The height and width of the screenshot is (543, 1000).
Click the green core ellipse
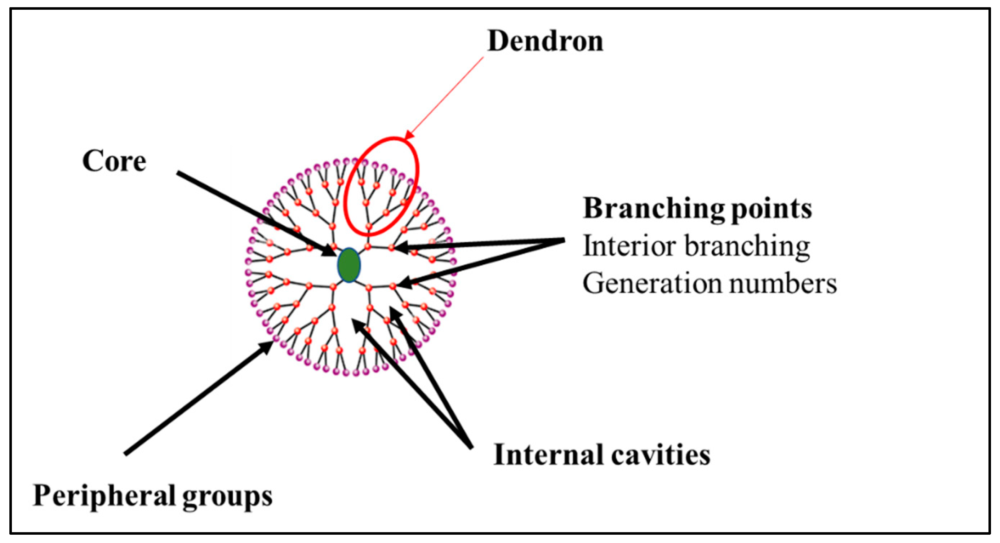(x=349, y=265)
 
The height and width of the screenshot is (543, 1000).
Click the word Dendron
(x=546, y=41)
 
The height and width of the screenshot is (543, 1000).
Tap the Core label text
(x=114, y=161)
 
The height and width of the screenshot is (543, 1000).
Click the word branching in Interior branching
(x=748, y=247)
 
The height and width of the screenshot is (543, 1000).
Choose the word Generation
(x=652, y=283)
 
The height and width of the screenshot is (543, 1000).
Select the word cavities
(x=660, y=455)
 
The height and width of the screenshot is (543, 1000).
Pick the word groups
(x=227, y=498)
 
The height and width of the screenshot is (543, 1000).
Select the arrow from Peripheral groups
(x=194, y=400)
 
